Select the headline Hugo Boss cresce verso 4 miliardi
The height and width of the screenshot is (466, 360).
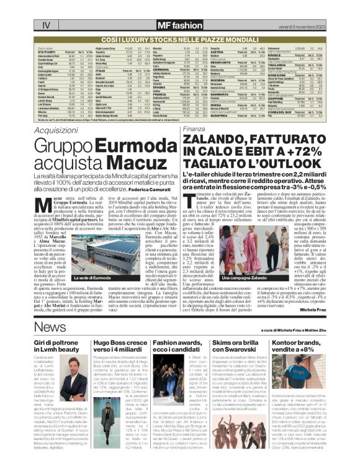(123, 346)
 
